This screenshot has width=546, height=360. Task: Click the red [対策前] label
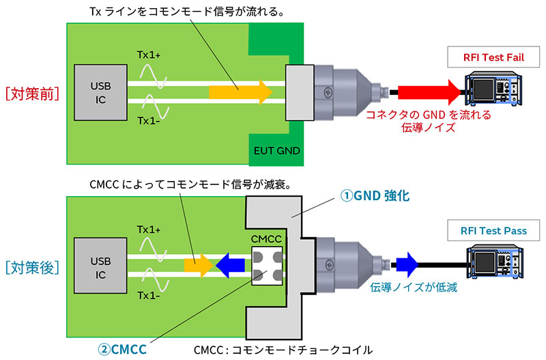pyautogui.click(x=32, y=94)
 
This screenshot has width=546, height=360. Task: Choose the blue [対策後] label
pyautogui.click(x=32, y=267)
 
